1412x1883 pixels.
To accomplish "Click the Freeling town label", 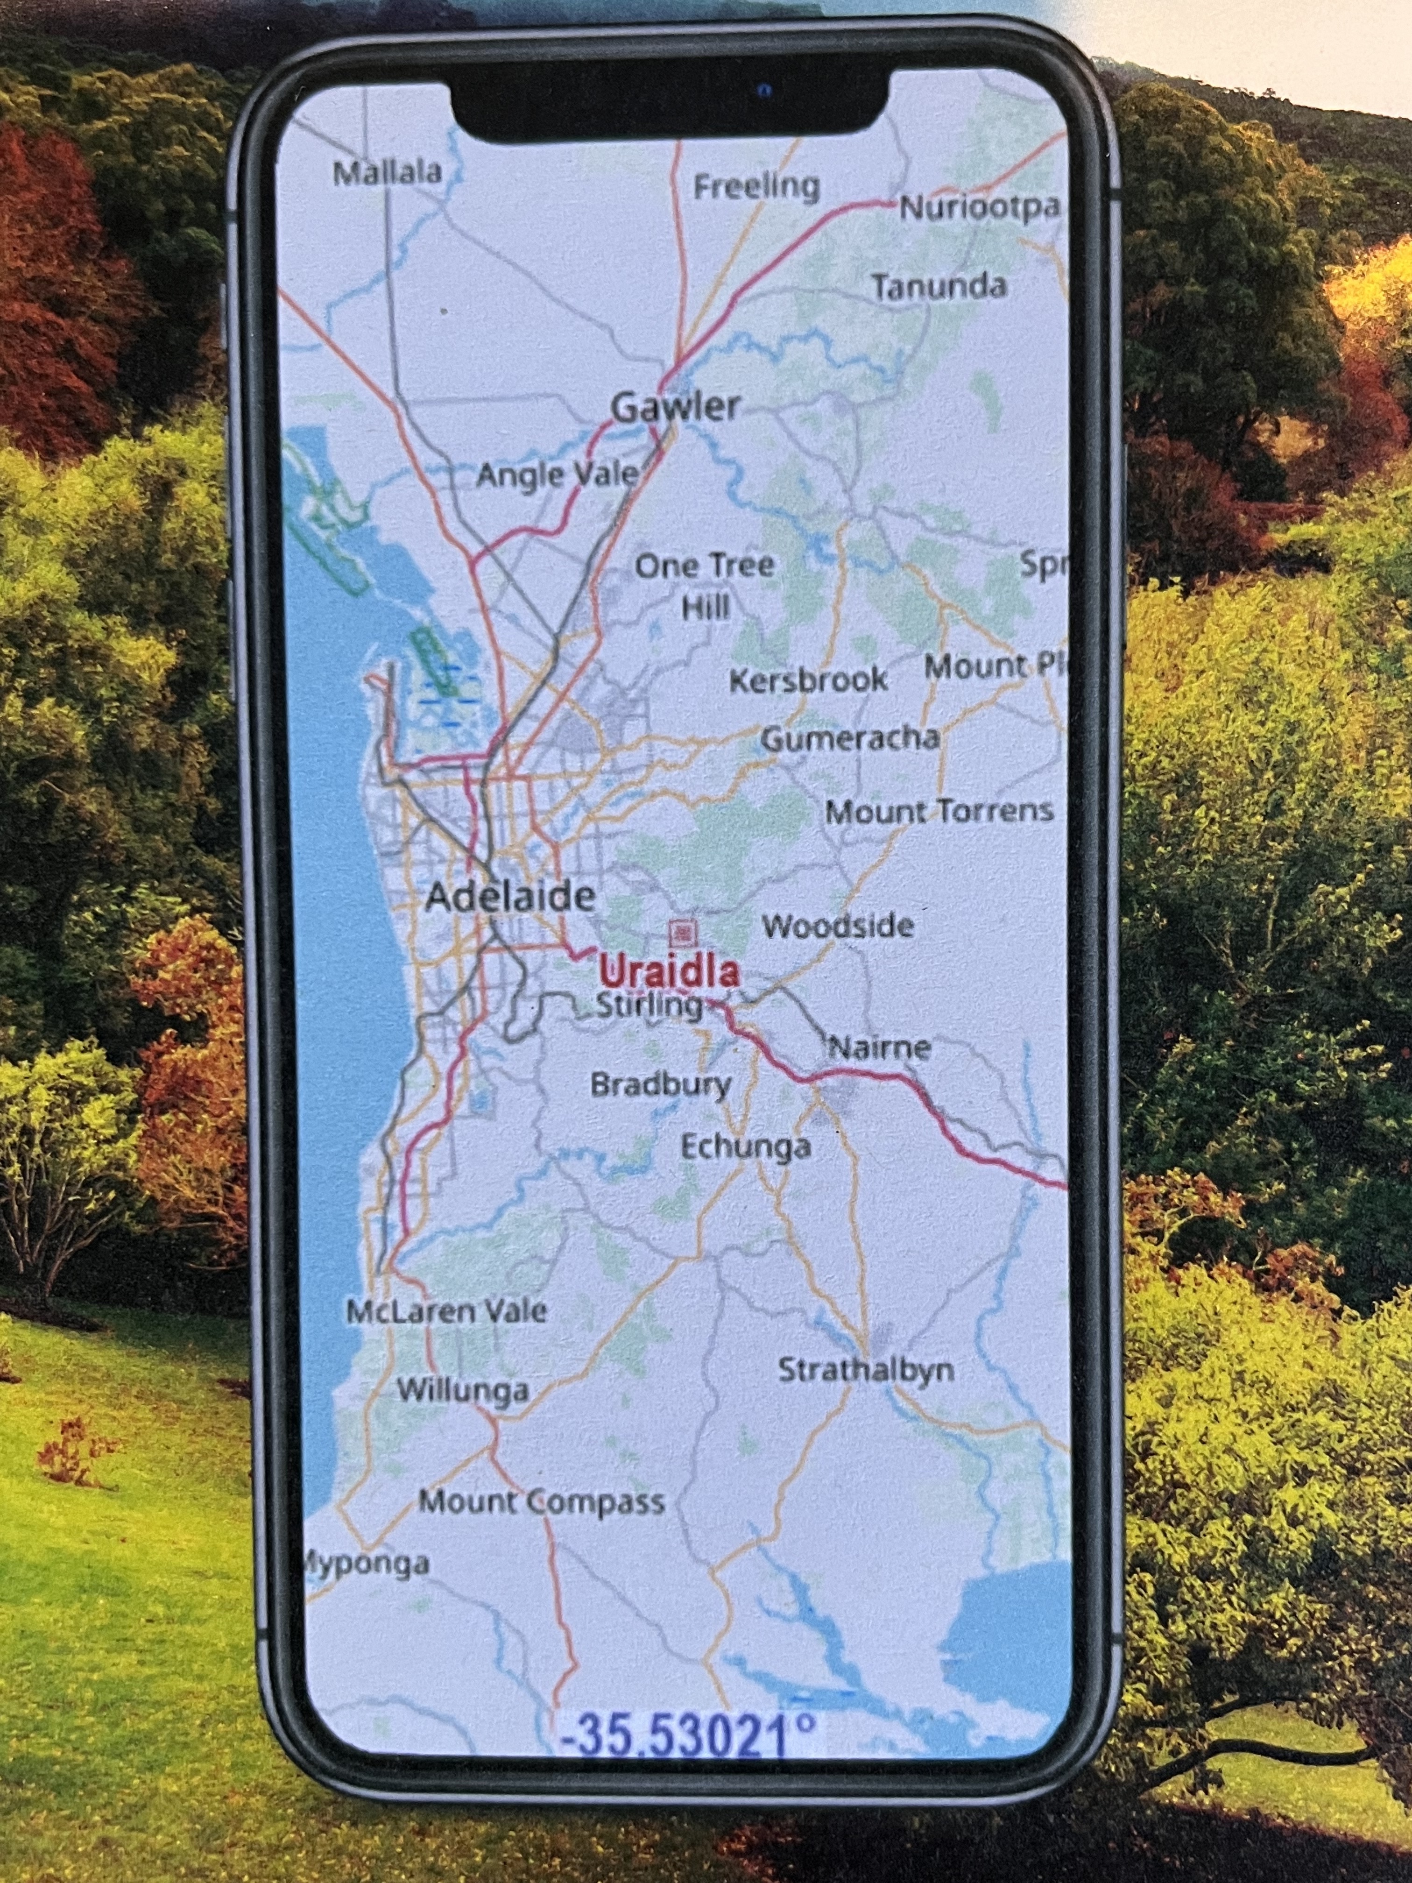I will click(756, 186).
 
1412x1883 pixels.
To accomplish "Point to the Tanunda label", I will click(938, 287).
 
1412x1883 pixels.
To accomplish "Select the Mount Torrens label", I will click(939, 811).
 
